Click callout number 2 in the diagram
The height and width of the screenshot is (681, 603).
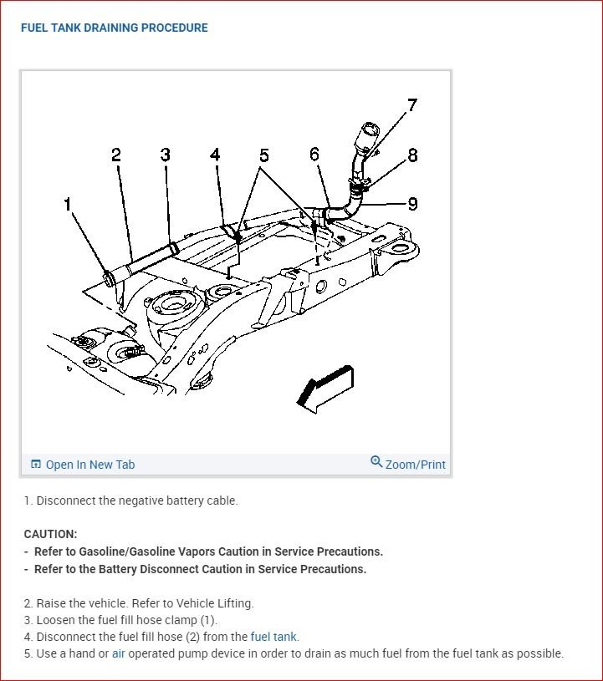(x=116, y=155)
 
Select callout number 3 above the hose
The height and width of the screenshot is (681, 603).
(x=166, y=155)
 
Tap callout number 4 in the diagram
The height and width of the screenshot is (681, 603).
(x=215, y=155)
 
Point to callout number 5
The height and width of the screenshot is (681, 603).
(x=264, y=155)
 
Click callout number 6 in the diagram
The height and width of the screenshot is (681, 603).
(x=314, y=155)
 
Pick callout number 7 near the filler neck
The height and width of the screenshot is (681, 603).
(x=411, y=105)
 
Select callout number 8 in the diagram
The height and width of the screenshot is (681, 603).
(x=412, y=155)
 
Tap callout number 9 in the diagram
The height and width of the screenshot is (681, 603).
(x=412, y=203)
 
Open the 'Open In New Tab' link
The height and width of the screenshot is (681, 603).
(x=89, y=465)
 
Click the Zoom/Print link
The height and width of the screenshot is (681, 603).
(x=415, y=465)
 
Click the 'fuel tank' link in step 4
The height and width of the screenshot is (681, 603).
(x=273, y=637)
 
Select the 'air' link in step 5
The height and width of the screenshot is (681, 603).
(x=118, y=653)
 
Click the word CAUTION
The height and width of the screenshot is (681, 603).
(x=50, y=534)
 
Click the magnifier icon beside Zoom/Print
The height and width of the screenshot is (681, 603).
(x=376, y=462)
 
